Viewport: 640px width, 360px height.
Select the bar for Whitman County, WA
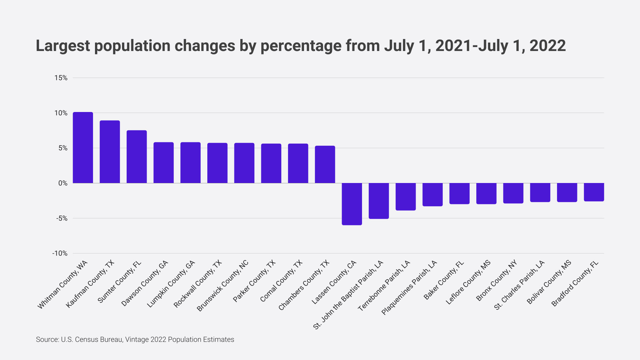point(83,148)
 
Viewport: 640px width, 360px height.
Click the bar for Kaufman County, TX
point(110,152)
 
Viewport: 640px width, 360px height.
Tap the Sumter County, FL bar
point(137,157)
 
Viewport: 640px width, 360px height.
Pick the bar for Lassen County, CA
point(352,204)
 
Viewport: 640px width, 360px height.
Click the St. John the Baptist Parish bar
point(379,201)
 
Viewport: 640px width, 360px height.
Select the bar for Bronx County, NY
point(513,193)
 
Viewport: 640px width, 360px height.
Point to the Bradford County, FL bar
point(594,192)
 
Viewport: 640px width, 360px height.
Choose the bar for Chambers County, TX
point(325,164)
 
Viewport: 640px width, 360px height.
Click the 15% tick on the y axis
point(61,78)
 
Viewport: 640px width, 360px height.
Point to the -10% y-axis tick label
point(60,253)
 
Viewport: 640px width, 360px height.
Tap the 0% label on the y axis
point(63,183)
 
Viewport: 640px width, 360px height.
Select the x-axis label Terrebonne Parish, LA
point(384,286)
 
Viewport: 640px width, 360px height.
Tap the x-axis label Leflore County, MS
point(468,282)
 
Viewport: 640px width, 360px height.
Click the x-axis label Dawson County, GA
point(145,284)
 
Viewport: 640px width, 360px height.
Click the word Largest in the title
point(63,46)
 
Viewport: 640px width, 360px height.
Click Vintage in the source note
point(137,339)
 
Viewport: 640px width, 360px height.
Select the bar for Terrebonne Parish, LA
point(405,197)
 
